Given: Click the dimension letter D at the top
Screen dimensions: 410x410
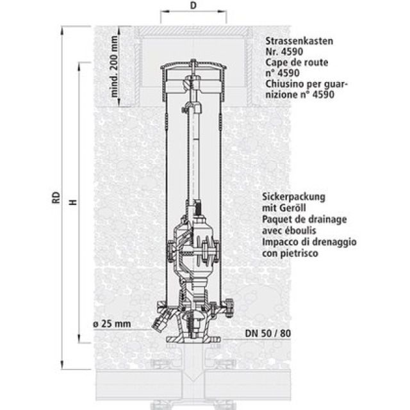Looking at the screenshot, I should click(x=193, y=6).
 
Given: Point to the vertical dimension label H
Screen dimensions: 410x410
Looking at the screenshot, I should click(x=73, y=201).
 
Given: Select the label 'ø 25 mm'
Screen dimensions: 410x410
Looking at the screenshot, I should click(x=111, y=324).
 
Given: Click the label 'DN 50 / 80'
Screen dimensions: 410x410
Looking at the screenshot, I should click(x=267, y=334).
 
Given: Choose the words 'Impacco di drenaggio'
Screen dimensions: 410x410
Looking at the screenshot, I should click(x=309, y=242).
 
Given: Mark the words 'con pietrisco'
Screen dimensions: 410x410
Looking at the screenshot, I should click(x=290, y=253).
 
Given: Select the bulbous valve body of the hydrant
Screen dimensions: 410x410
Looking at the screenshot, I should click(x=192, y=247).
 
